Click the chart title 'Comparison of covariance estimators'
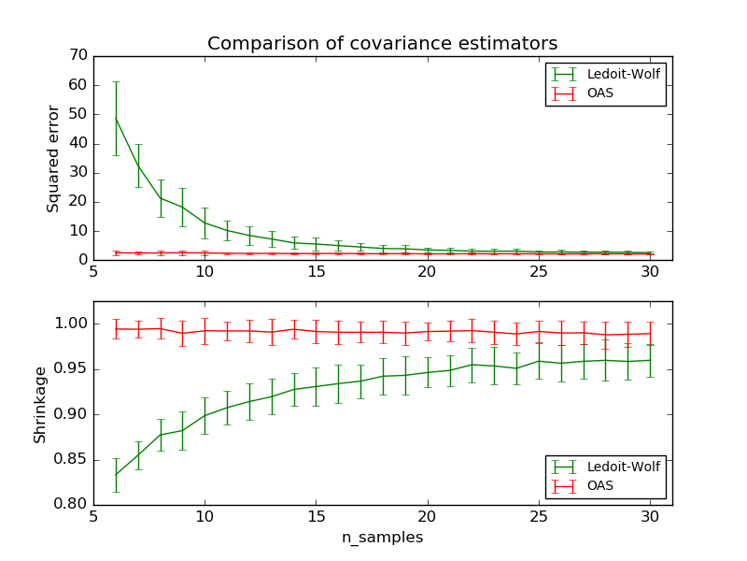[382, 44]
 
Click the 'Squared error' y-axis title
[54, 158]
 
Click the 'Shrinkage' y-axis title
[40, 403]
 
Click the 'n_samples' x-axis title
[382, 538]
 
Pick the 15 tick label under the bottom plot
[316, 518]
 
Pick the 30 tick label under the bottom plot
[649, 518]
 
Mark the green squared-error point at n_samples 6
[116, 118]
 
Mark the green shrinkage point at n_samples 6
[116, 475]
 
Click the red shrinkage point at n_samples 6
[116, 328]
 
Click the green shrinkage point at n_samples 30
[649, 360]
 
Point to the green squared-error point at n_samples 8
[161, 198]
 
